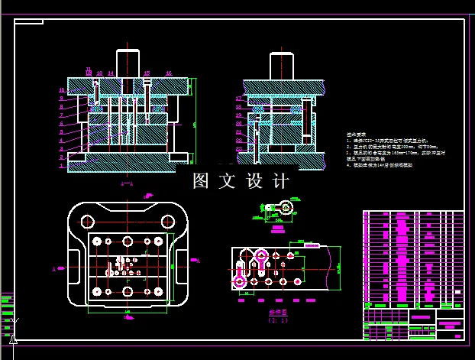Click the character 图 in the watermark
202,182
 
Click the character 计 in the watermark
280,182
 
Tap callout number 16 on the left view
169,73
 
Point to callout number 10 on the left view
61,90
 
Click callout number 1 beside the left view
61,167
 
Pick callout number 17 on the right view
239,99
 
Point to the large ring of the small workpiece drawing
286,206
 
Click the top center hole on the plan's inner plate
128,241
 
